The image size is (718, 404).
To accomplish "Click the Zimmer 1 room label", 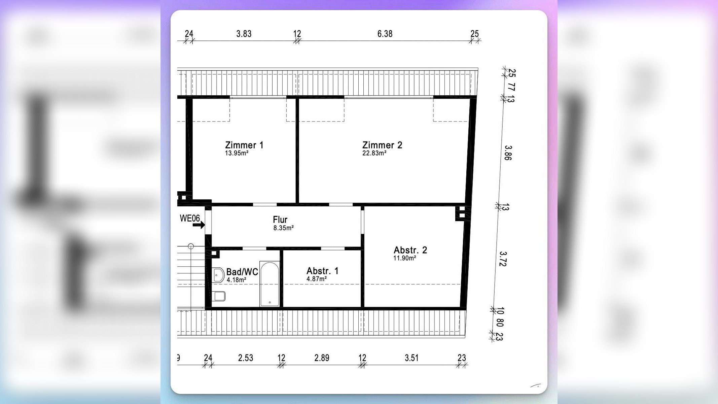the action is (x=244, y=145).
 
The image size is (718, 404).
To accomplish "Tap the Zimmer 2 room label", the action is (x=382, y=145).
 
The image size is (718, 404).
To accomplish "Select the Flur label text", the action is (x=280, y=220).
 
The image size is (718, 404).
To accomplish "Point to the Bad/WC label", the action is (x=242, y=272).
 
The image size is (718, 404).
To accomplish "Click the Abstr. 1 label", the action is (x=322, y=271).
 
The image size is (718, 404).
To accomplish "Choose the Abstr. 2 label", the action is (x=410, y=250).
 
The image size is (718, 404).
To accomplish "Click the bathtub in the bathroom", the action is (x=270, y=284).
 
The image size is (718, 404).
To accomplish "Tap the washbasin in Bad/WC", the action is (x=218, y=275).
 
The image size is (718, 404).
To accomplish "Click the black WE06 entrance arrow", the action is (x=199, y=225).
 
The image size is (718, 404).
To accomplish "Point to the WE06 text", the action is (x=190, y=218).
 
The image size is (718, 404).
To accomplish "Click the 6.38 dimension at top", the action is (x=385, y=34).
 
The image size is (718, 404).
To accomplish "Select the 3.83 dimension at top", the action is (x=244, y=34).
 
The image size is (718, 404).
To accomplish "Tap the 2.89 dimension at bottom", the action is (x=322, y=358).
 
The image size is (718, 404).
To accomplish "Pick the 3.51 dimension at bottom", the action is (x=411, y=358).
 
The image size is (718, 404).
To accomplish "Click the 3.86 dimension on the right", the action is (x=508, y=153).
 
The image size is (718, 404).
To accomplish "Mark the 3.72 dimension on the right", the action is (x=503, y=259).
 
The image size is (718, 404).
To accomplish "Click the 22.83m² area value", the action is (x=374, y=153).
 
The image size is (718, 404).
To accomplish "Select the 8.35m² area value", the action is (x=283, y=228).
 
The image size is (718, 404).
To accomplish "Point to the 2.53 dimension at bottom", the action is (x=246, y=358).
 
